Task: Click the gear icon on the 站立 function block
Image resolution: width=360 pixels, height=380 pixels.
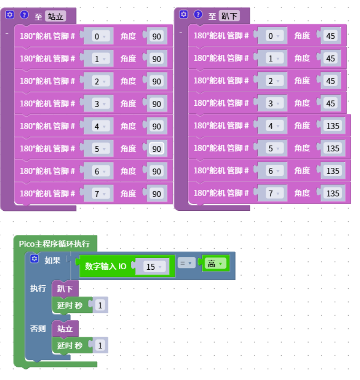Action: tap(10, 15)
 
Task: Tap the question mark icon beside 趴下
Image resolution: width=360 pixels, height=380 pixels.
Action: tap(198, 15)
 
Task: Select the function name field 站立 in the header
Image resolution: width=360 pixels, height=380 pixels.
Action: tap(55, 16)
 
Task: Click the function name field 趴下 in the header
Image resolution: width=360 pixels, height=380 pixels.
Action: tap(229, 16)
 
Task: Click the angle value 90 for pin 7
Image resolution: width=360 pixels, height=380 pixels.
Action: tap(157, 194)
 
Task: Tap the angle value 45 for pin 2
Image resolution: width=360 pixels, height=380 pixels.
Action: tap(331, 81)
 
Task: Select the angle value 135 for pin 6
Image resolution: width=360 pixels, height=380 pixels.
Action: tap(333, 171)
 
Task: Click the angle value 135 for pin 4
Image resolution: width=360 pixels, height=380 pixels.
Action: tap(333, 126)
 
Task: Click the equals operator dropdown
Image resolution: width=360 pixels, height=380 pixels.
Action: tap(186, 263)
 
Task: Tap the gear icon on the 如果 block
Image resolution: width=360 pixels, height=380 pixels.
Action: tap(34, 259)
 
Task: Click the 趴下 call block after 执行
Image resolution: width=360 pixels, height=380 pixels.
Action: tap(65, 288)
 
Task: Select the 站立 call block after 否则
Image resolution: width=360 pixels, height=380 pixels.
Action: tap(65, 329)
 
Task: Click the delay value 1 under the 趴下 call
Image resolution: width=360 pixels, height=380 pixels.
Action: tap(100, 305)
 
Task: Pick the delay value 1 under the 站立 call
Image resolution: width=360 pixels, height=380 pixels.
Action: tap(100, 345)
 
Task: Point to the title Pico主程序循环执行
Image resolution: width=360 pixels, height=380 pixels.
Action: tap(54, 243)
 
